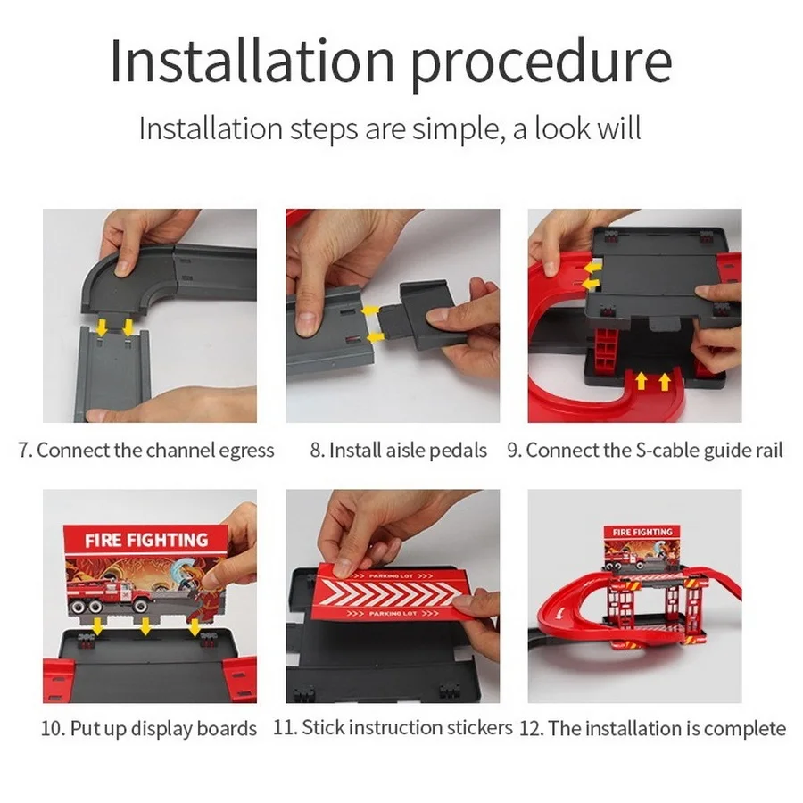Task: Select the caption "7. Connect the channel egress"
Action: (x=146, y=451)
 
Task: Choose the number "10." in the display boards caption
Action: (x=53, y=728)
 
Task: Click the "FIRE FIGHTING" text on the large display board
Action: (x=146, y=540)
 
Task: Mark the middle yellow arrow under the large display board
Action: (x=146, y=625)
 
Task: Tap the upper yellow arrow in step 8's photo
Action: (x=369, y=311)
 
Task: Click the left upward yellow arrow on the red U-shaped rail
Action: (x=641, y=381)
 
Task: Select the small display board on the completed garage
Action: (x=642, y=548)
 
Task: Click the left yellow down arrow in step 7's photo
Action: (x=102, y=327)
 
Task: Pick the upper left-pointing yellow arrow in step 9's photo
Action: (x=593, y=268)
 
